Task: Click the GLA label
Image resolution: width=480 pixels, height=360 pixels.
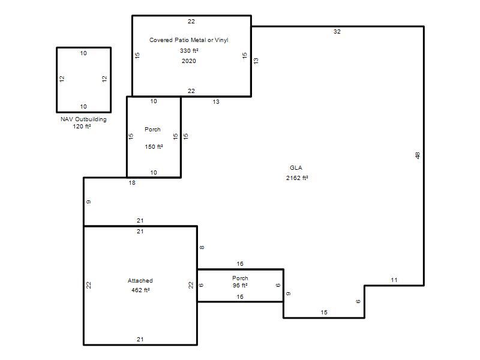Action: pyautogui.click(x=296, y=168)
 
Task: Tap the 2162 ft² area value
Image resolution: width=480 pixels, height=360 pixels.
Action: pyautogui.click(x=297, y=178)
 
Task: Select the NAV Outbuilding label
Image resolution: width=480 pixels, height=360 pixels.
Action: pyautogui.click(x=83, y=119)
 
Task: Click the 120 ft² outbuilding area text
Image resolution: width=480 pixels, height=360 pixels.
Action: pyautogui.click(x=82, y=126)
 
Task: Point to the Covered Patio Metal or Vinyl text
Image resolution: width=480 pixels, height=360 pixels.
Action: pyautogui.click(x=188, y=40)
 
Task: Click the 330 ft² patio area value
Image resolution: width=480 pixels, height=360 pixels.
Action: pyautogui.click(x=189, y=50)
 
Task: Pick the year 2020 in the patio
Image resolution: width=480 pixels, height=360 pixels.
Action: pyautogui.click(x=189, y=61)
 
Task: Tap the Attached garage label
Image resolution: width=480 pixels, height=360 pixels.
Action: pyautogui.click(x=140, y=280)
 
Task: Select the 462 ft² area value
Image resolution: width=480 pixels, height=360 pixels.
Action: pyautogui.click(x=140, y=290)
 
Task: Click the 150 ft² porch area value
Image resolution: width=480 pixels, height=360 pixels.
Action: pyautogui.click(x=154, y=146)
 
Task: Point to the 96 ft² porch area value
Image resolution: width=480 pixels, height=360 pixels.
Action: pyautogui.click(x=240, y=286)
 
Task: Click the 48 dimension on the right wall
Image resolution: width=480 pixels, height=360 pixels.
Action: pyautogui.click(x=418, y=155)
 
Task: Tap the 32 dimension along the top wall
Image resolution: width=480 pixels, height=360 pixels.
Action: pyautogui.click(x=337, y=32)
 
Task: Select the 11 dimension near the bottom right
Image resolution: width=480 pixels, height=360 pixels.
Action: pyautogui.click(x=394, y=280)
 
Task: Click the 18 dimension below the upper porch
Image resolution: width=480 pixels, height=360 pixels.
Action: pyautogui.click(x=132, y=183)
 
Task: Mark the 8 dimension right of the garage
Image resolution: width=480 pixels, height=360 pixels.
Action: pyautogui.click(x=202, y=247)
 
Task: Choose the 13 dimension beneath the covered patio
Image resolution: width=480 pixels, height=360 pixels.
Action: pyautogui.click(x=216, y=101)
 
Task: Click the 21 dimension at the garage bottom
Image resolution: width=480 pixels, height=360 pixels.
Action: pyautogui.click(x=140, y=339)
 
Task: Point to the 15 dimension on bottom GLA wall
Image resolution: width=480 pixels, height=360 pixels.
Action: pyautogui.click(x=324, y=312)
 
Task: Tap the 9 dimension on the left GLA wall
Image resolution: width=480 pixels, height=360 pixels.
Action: pyautogui.click(x=88, y=202)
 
